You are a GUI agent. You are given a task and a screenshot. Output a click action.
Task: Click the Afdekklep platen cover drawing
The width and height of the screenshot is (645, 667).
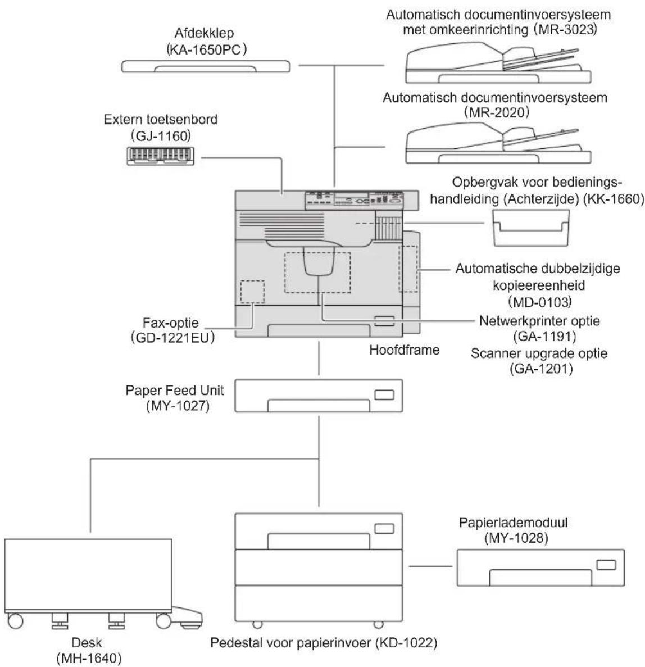coord(206,66)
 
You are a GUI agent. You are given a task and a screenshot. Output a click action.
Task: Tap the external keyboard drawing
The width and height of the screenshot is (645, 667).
coord(160,156)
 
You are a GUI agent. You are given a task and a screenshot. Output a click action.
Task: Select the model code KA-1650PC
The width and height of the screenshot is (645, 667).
coord(206,50)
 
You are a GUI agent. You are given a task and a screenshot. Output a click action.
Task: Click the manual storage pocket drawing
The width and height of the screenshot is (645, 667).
coord(531,228)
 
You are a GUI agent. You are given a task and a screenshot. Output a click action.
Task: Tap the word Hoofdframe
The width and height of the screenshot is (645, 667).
coord(404,350)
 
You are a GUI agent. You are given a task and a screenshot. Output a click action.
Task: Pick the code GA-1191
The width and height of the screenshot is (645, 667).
coord(545,337)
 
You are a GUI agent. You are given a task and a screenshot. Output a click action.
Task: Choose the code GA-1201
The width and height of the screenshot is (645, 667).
coord(541,369)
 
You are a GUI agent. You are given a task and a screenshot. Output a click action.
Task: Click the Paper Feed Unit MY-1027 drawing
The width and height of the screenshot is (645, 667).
coord(319,396)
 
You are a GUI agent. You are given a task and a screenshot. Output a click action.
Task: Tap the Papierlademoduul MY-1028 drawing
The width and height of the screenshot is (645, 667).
coord(540,568)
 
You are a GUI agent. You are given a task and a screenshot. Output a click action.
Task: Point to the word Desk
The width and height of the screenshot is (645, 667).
coord(87,642)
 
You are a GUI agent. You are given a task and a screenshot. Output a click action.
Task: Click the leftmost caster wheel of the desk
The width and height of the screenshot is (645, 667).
coord(15,620)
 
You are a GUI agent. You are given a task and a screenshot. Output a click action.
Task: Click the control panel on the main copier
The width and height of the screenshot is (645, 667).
coord(354,201)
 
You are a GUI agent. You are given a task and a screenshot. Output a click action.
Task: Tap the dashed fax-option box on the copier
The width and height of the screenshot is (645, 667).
coord(252,292)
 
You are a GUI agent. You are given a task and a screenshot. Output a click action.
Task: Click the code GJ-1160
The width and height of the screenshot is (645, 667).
coord(161,136)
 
